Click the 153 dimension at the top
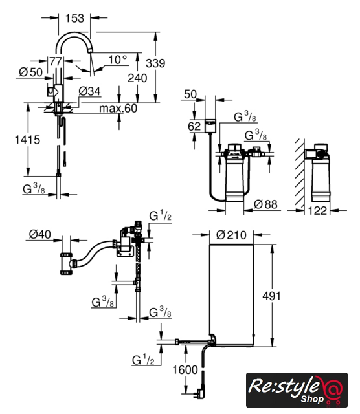click(74, 18)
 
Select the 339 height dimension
click(155, 63)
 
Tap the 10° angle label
click(117, 60)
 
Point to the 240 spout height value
click(137, 78)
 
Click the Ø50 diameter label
click(30, 72)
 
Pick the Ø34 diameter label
click(89, 91)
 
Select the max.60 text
click(118, 108)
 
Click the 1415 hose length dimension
click(27, 140)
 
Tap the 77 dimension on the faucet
click(56, 61)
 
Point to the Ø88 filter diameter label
click(265, 204)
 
